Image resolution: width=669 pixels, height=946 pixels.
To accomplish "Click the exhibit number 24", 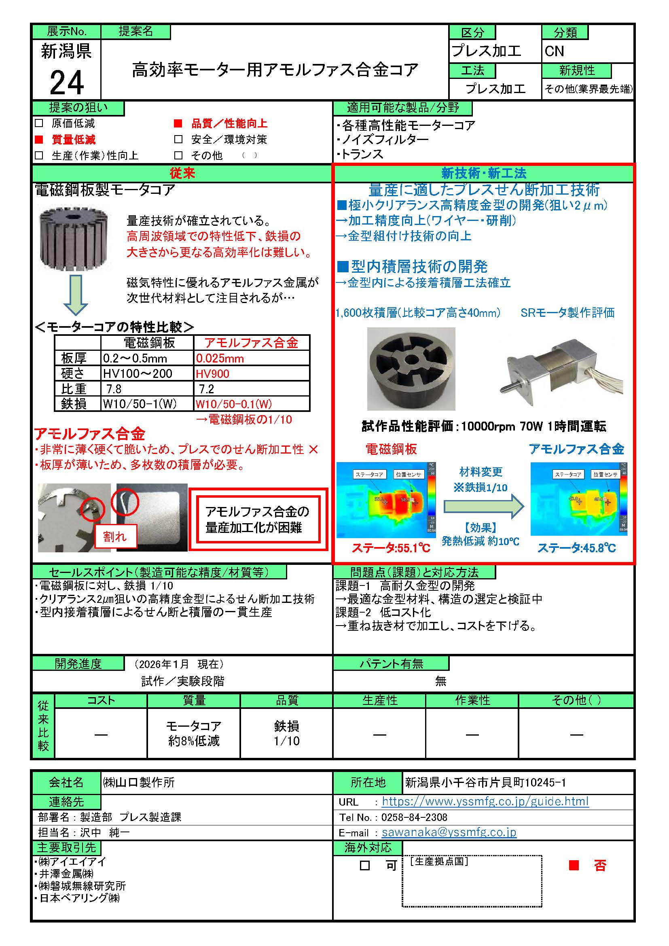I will click(x=67, y=83).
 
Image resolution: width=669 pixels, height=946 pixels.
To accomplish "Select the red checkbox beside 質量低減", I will click(x=39, y=139).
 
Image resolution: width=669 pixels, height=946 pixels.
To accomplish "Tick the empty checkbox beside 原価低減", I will click(x=39, y=123).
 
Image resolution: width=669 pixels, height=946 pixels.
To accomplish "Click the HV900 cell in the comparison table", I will click(x=213, y=373).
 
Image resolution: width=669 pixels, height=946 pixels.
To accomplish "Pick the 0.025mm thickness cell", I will click(x=220, y=358).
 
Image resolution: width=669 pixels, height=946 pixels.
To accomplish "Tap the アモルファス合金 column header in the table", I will click(x=251, y=342).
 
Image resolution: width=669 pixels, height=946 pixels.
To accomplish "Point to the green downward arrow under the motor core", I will click(x=75, y=295).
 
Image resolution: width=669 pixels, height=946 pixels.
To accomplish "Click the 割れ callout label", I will click(x=115, y=537).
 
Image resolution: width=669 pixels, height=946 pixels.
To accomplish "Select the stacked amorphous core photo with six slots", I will click(x=411, y=368).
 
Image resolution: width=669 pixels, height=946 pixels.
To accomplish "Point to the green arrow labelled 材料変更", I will click(x=483, y=506).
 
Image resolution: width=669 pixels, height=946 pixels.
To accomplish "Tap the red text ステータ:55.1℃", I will click(x=391, y=547).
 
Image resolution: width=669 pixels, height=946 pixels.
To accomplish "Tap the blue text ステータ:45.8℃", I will click(x=576, y=547).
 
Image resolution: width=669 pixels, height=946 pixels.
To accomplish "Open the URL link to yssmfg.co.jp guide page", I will click(x=485, y=801).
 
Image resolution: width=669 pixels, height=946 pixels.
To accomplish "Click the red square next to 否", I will click(x=574, y=865).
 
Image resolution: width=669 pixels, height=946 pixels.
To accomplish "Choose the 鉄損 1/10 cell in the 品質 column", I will click(x=287, y=733).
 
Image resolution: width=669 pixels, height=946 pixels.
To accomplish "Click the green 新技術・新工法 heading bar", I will click(x=484, y=173).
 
